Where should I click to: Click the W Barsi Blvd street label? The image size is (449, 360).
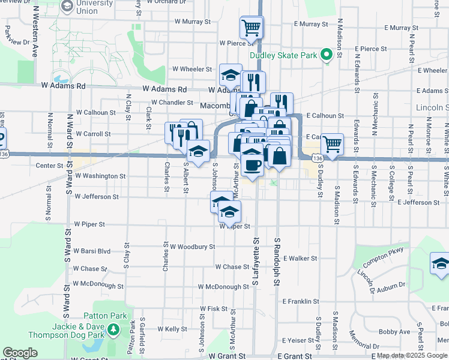pos(91,251)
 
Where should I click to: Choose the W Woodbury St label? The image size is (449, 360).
pos(192,247)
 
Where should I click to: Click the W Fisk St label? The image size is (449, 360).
pos(214,309)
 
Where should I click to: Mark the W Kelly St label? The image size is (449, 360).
pos(172,329)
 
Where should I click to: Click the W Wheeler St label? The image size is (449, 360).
pos(193,69)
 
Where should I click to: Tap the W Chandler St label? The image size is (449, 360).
pos(172,102)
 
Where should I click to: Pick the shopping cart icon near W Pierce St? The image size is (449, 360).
pos(251,27)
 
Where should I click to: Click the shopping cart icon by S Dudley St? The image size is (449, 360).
pos(332,144)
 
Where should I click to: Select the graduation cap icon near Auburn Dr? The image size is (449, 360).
pos(441,263)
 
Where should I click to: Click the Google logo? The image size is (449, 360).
pos(20,353)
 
